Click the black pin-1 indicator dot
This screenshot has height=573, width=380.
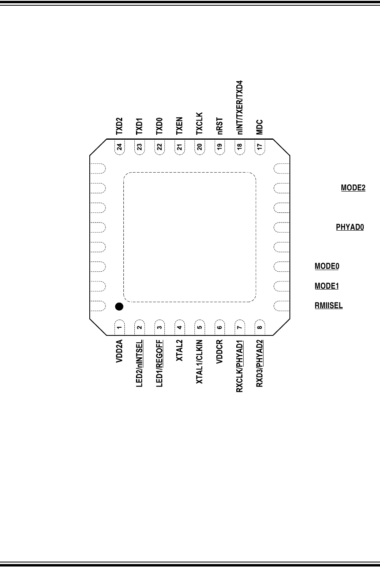(119, 307)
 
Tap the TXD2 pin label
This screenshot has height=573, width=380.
(119, 126)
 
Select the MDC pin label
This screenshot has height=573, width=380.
(259, 127)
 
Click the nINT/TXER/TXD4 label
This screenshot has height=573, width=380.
(240, 108)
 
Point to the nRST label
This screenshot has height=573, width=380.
(220, 126)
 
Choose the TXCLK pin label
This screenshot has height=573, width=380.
(199, 123)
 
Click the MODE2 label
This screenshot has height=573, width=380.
(353, 188)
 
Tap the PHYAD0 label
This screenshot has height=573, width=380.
(350, 227)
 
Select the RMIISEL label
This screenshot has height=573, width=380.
(328, 305)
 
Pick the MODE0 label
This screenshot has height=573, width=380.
(327, 266)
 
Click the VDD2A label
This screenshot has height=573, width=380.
(119, 351)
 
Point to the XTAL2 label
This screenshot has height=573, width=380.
(179, 350)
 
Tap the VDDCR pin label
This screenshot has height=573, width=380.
(220, 351)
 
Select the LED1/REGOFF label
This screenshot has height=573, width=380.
(159, 363)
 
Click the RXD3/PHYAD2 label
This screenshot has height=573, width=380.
(259, 363)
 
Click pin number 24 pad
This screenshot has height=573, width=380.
(119, 147)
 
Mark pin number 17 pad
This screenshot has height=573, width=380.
(260, 147)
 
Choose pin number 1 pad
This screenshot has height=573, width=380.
(119, 327)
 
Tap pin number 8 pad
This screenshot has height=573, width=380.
(260, 327)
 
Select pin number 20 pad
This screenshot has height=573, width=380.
(200, 147)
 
